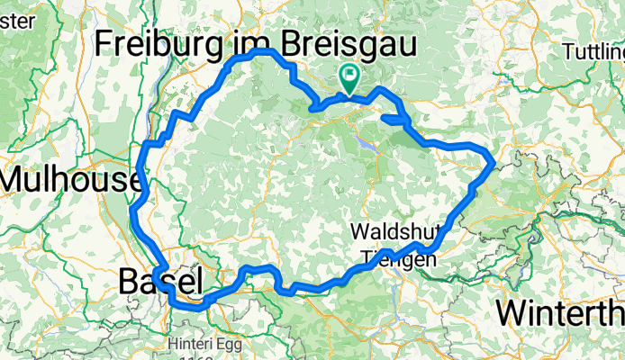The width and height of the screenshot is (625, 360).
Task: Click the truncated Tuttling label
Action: pos(593,52)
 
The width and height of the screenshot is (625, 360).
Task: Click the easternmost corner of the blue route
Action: pos(492,163)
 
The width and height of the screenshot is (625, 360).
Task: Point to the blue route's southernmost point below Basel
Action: pos(187,306)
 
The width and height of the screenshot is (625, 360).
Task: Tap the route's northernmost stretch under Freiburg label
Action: pos(257,52)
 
